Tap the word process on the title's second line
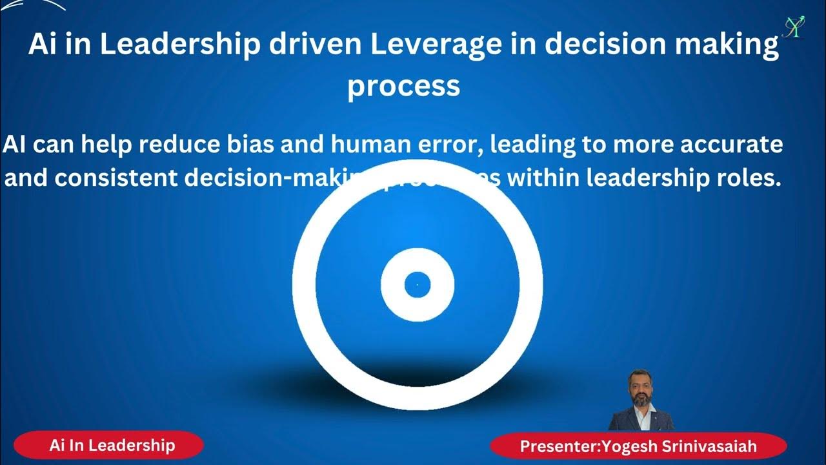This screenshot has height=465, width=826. [403, 85]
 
